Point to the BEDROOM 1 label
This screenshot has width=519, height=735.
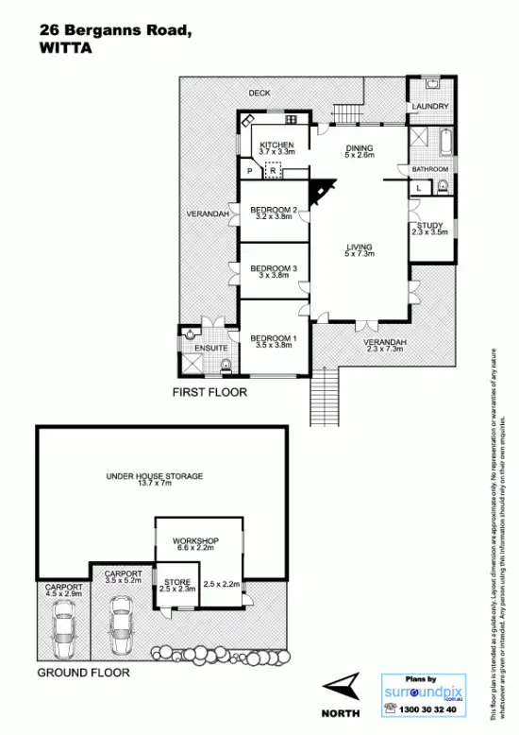(274, 337)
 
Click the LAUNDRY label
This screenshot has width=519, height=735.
(430, 107)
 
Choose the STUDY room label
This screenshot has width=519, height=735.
(430, 224)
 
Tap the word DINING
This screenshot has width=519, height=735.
(360, 147)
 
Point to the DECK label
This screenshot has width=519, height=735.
(259, 93)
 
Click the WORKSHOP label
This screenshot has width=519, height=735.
(194, 540)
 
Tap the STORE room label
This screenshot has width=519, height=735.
(177, 581)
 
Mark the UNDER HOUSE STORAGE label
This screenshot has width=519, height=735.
(155, 476)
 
